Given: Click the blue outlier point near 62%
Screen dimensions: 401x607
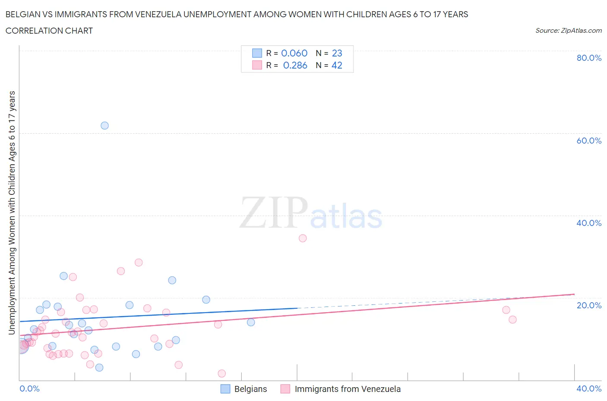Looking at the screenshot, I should click(104, 125).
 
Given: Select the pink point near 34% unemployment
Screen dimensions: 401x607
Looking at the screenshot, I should click(303, 238).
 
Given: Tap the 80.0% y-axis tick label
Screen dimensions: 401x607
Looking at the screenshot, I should click(589, 58).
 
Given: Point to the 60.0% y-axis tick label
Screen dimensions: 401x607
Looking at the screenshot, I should click(589, 141).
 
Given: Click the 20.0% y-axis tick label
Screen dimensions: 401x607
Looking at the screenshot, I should click(589, 305).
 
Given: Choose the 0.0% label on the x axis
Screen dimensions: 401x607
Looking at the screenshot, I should click(29, 388).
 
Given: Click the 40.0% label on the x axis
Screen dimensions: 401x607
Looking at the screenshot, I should click(589, 388).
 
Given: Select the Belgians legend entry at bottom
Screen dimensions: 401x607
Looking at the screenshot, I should click(250, 389).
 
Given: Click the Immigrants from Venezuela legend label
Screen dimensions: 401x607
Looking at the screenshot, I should click(348, 389).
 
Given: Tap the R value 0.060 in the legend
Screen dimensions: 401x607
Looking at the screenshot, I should click(294, 53).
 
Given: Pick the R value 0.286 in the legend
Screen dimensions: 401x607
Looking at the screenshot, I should click(295, 65).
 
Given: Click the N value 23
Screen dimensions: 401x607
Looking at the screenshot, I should click(337, 53).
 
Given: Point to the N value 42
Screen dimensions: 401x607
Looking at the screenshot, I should click(337, 65).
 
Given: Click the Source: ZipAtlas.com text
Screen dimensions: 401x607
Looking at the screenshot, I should click(568, 30).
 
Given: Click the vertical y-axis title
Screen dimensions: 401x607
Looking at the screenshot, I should click(12, 213).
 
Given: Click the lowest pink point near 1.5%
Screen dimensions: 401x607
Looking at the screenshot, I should click(221, 373).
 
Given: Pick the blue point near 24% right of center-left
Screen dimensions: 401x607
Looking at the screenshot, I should click(172, 280).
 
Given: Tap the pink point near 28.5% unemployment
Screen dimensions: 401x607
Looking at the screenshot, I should click(139, 262).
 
